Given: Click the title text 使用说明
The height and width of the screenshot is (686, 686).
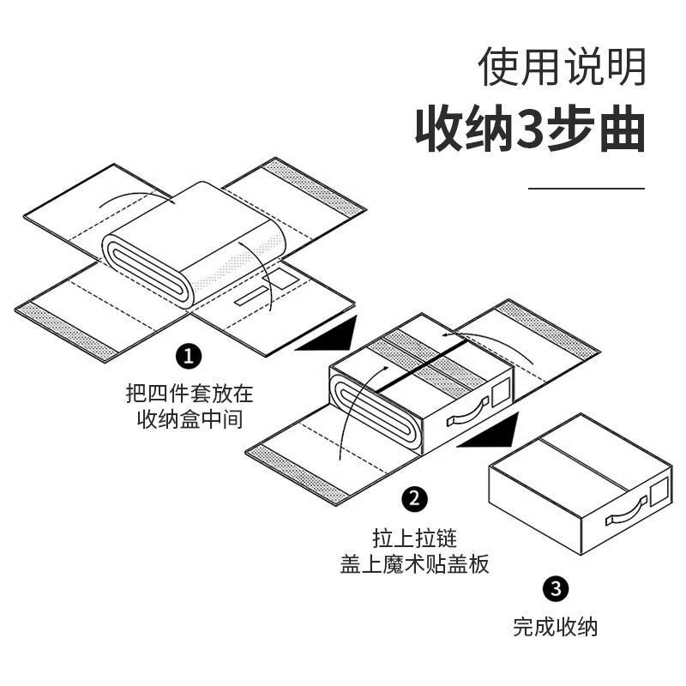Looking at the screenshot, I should coord(562,67).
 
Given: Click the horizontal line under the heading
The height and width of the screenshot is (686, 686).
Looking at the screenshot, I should coord(586,187).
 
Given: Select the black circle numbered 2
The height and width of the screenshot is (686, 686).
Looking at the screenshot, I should coord(415,499).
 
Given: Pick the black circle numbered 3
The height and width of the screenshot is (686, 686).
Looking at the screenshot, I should coord(555,589).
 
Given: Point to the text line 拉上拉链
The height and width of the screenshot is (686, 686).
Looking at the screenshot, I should coord(415,539).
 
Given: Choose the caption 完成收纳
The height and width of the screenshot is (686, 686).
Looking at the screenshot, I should coord(555,627).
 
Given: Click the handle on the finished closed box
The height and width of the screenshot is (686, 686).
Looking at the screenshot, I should coord(629,515).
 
